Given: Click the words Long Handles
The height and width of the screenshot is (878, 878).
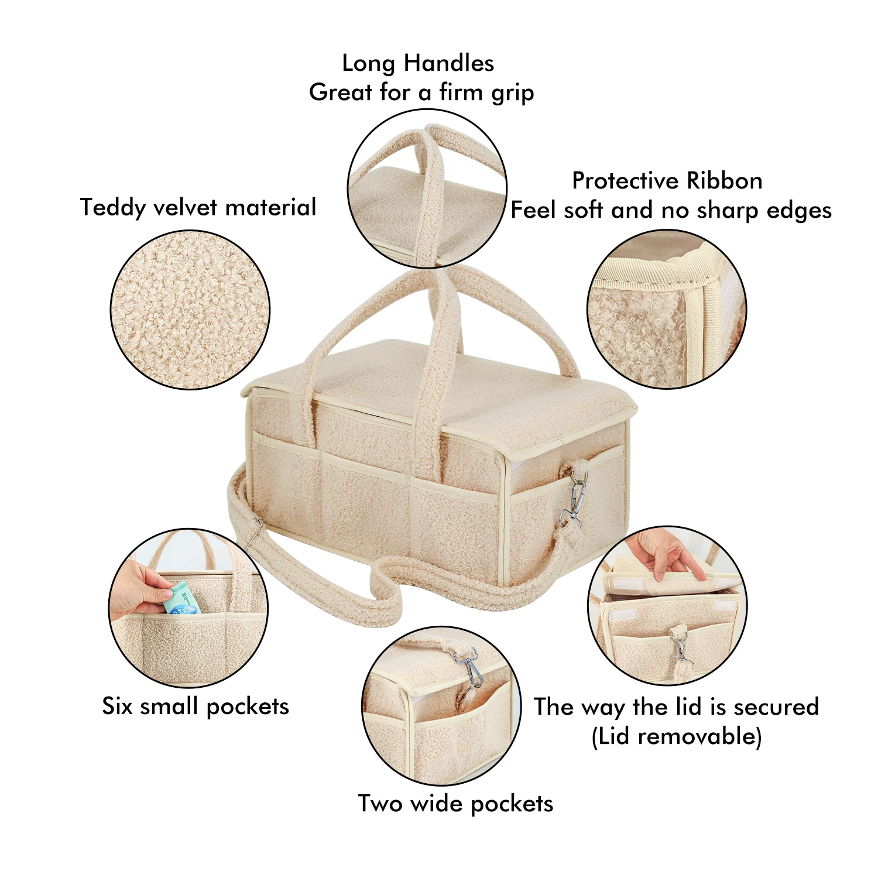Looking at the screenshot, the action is point(418,63).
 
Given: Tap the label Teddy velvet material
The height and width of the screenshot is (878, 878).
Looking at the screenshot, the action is point(198,207).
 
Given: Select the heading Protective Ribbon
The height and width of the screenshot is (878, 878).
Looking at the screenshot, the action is point(667,181).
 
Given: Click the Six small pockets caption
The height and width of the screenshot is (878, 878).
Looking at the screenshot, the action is point(196,706).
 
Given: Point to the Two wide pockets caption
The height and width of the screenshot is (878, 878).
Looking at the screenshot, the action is point(455,804).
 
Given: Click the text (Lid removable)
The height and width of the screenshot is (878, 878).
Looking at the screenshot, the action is point(676,736).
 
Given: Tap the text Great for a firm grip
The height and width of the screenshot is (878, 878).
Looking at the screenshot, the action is point(421,92).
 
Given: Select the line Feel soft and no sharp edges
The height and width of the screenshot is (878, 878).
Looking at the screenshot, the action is point(671,210).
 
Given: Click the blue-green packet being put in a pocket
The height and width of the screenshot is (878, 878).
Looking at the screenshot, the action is point(184,599).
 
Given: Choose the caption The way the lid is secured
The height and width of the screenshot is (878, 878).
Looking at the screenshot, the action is point(676,707).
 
